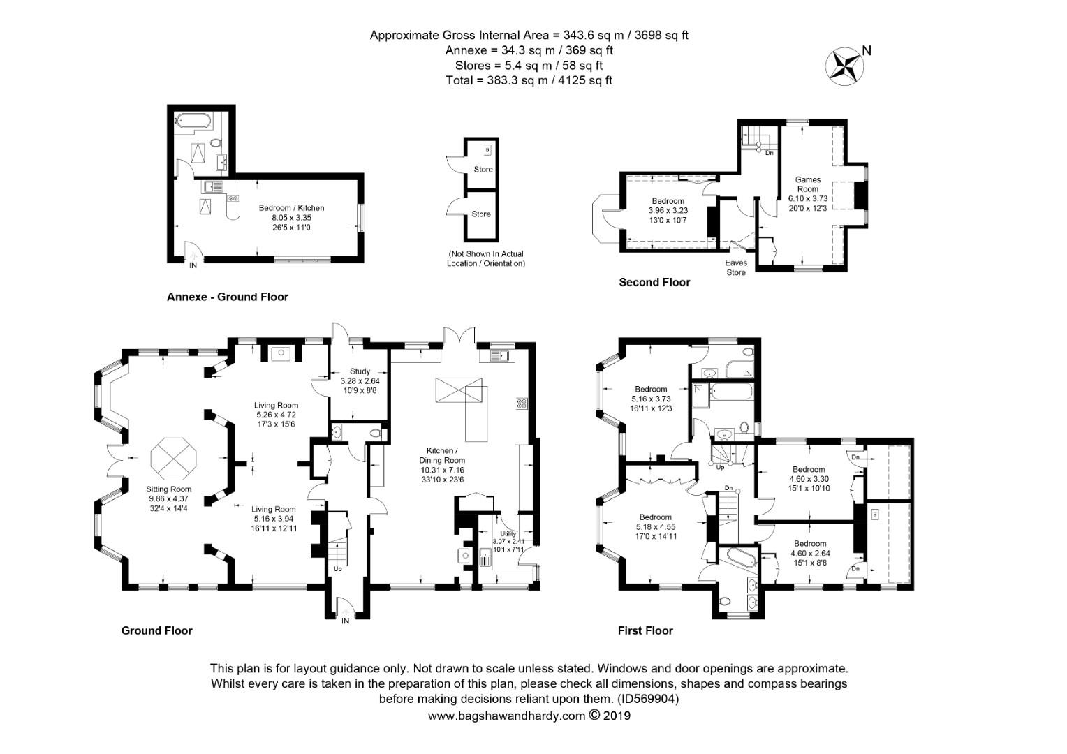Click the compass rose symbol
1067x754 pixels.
pos(845,64)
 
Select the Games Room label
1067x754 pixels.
pos(807,184)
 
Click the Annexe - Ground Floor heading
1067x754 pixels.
pos(227,297)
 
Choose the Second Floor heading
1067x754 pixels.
pos(654,282)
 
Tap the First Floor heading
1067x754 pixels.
pos(645,630)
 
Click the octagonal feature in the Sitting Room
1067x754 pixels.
pos(175,459)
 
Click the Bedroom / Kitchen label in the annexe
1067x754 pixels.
pos(291,208)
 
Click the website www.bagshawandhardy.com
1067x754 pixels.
pos(506,716)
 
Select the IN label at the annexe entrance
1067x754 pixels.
pos(193,265)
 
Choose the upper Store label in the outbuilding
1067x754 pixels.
pos(483,170)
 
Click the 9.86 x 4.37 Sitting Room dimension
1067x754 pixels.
pos(169,499)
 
